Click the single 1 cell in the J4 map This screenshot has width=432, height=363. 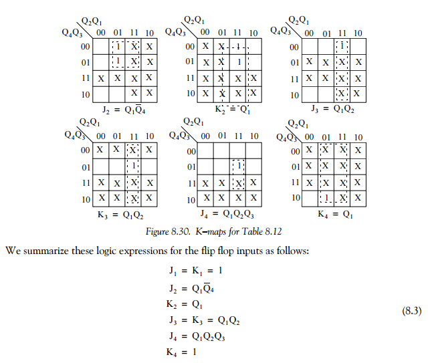coord(238,165)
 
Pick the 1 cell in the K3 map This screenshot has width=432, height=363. coord(134,165)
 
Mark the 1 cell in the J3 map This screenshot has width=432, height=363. coord(343,47)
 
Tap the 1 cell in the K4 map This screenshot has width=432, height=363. coord(327,198)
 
